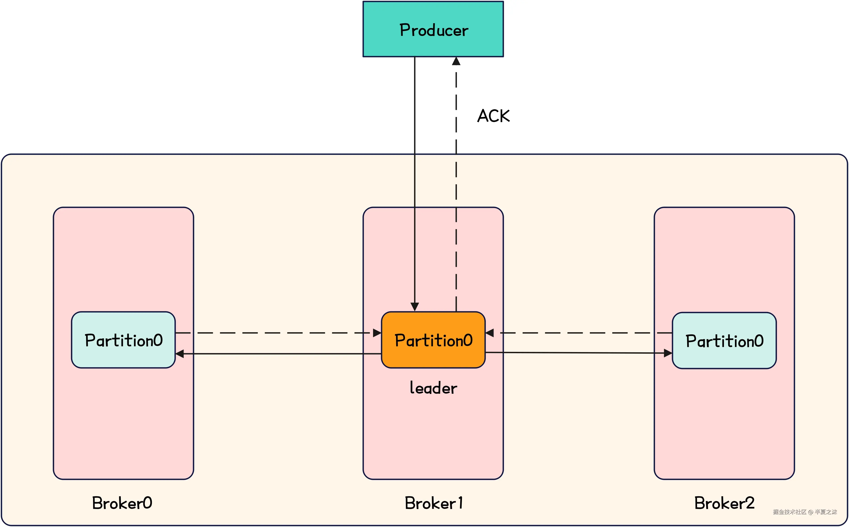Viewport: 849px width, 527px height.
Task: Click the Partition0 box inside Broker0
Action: coord(123,340)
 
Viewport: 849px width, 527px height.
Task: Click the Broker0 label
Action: coord(122,503)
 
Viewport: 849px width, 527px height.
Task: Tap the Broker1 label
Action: coord(433,503)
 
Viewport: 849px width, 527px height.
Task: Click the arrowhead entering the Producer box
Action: coord(456,61)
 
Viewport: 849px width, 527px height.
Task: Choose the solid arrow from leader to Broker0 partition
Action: coord(279,354)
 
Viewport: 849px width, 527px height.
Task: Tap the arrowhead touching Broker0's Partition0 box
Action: coord(180,354)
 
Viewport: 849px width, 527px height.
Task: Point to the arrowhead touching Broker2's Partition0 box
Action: coord(668,353)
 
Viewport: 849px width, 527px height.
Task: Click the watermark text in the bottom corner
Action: coord(804,512)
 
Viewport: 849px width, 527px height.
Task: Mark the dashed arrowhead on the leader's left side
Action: coord(377,333)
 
